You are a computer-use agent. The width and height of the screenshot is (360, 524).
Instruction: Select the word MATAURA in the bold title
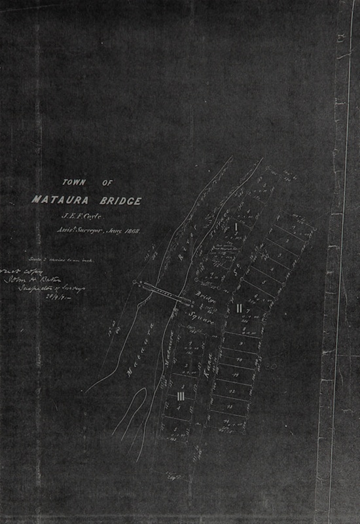(58, 200)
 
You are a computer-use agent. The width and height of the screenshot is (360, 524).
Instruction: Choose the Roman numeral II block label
(240, 308)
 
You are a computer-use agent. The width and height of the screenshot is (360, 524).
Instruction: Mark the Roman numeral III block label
(181, 396)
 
